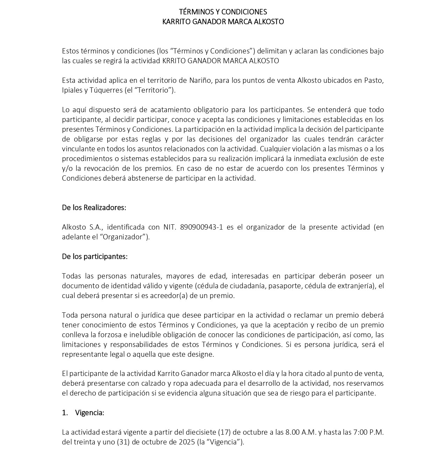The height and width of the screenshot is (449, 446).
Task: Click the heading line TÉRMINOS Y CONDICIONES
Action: (223, 12)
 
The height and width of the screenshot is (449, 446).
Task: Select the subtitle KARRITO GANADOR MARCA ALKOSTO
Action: (223, 22)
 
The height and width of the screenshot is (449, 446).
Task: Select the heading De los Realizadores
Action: (94, 208)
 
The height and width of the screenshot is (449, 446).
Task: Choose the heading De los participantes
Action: (94, 256)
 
